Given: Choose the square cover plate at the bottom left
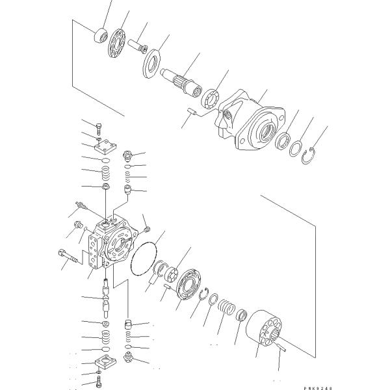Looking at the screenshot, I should pos(103,361).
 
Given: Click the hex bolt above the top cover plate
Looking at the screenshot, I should pos(98,128).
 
